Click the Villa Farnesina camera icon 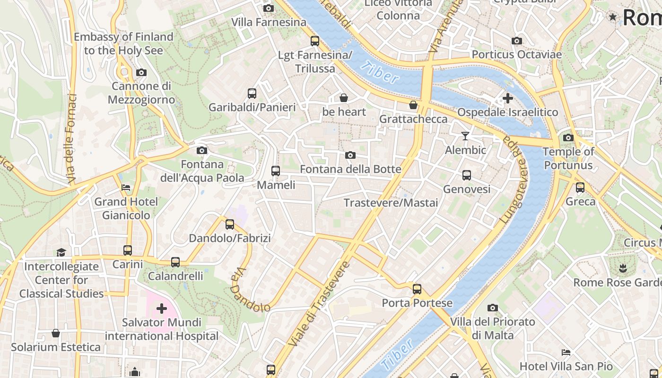pos(268,8)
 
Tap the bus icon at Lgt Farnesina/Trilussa pos(315,41)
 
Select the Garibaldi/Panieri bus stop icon pos(252,94)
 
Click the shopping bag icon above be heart pos(344,98)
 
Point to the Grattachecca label pos(413,119)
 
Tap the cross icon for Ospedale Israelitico pos(508,98)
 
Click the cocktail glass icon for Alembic pos(465,136)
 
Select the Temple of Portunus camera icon pos(568,138)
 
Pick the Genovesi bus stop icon pos(467,175)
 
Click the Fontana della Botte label pos(350,169)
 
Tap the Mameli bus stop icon pos(276,171)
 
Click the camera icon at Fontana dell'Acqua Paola pos(202,151)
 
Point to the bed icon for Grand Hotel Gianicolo pos(126,188)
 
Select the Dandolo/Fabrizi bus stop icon pos(230,224)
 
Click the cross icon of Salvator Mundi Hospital pos(162,309)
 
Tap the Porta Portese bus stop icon pos(417,289)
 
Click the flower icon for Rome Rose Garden pos(623,268)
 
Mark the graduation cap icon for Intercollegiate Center pos(61,252)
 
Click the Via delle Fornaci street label pos(71,139)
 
